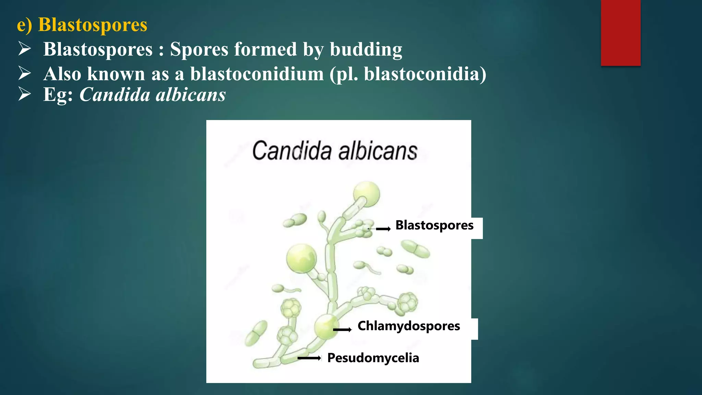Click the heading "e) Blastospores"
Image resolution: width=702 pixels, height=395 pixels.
point(82,25)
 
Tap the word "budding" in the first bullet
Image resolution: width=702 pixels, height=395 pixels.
point(366,49)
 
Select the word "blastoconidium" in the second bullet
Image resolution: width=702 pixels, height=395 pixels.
point(257,74)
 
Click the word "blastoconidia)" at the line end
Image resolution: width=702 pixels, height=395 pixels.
point(425,74)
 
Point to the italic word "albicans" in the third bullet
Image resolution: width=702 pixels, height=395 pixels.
point(191,95)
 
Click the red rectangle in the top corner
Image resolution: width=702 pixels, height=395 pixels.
point(620,33)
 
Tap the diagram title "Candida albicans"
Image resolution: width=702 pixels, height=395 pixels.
point(335,151)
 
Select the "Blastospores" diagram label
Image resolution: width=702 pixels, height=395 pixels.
point(434,225)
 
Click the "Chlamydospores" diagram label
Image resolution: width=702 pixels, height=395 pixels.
point(409,326)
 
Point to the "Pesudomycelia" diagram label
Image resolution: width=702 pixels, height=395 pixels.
point(373,358)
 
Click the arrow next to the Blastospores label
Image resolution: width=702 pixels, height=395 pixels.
point(383,229)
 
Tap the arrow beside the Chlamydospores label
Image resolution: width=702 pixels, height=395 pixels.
point(342,330)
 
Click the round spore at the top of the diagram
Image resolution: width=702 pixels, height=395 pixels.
point(366,194)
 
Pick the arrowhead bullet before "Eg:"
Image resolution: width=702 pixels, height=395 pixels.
point(25,94)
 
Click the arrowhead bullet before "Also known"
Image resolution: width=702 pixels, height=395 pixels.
point(25,73)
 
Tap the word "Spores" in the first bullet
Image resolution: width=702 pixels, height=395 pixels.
point(199,49)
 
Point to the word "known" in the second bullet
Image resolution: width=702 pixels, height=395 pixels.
point(116,74)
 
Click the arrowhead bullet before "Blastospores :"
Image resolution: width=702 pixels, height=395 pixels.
point(25,49)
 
